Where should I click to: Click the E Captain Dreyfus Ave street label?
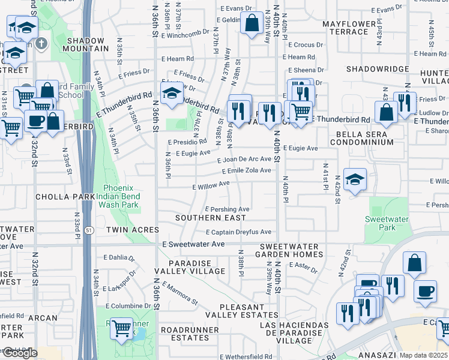238,232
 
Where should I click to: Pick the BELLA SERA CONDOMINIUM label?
357,137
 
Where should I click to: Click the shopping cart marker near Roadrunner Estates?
122,328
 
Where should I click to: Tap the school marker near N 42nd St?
355,179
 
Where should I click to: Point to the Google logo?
19,353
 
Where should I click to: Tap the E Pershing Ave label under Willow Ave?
227,209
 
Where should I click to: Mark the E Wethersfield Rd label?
246,356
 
